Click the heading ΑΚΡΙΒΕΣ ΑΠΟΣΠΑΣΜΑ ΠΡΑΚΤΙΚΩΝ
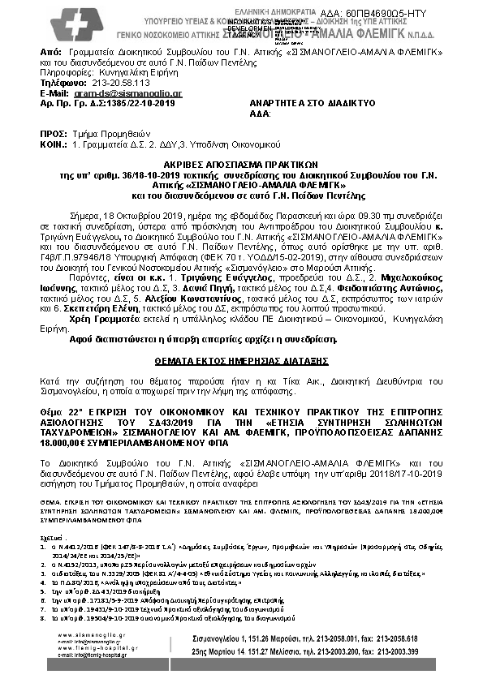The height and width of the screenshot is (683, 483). coord(241,163)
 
